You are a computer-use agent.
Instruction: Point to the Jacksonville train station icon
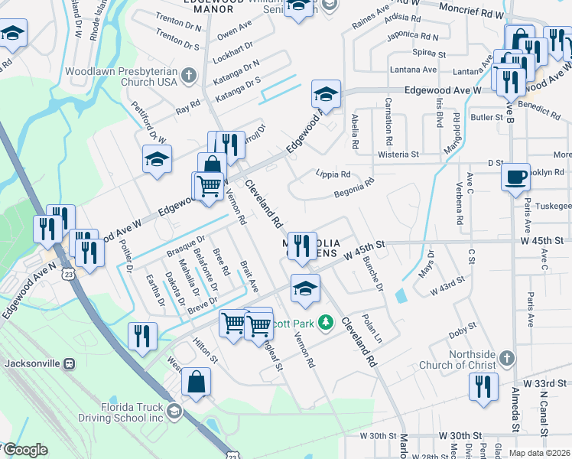70,363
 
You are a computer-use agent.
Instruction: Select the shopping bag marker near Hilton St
196,381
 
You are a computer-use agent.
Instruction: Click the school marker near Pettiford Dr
157,159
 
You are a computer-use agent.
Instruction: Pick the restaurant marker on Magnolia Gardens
302,245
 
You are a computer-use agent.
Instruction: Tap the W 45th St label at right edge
548,240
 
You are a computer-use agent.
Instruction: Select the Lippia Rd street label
333,174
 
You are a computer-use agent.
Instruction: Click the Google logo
25,451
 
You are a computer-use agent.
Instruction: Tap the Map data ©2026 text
538,453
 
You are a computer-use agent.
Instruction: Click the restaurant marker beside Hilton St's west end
142,336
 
